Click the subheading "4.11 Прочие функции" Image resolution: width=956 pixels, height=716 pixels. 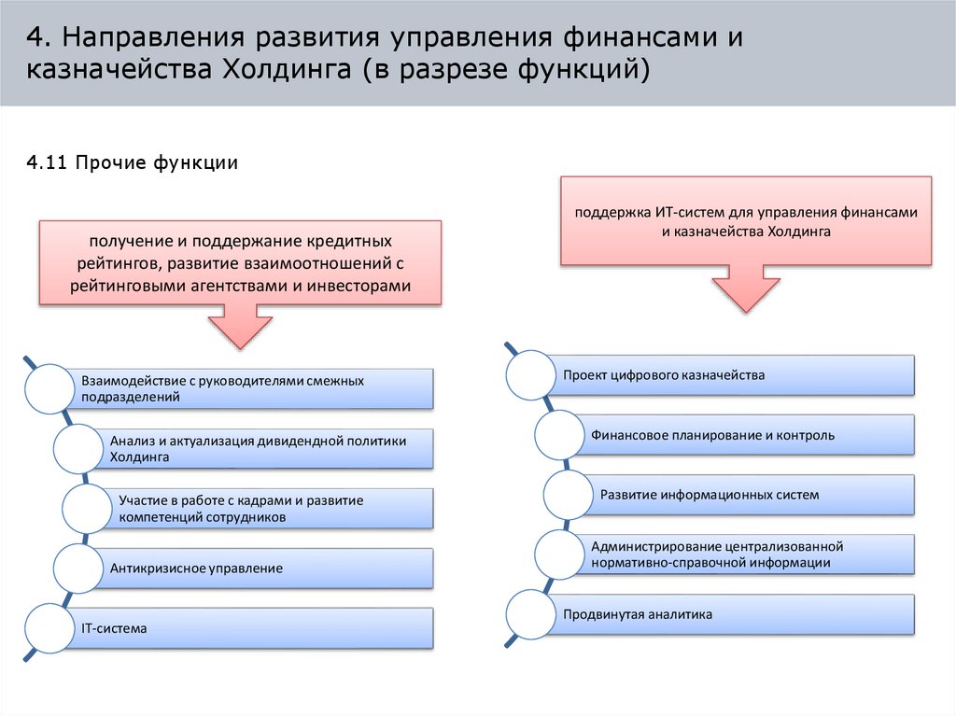coord(133,163)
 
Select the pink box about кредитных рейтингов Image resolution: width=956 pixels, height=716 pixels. coord(239,262)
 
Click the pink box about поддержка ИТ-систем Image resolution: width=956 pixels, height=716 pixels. coord(746,221)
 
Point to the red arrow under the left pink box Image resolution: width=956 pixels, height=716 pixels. coord(240,326)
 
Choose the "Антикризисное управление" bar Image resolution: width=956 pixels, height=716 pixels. coord(263,568)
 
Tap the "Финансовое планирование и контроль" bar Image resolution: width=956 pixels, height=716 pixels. coord(747,435)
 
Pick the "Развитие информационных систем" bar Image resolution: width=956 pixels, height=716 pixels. coord(752,495)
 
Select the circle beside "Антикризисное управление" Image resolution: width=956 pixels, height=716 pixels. coord(78,568)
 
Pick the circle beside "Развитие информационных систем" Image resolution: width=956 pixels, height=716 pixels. coord(568,495)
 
